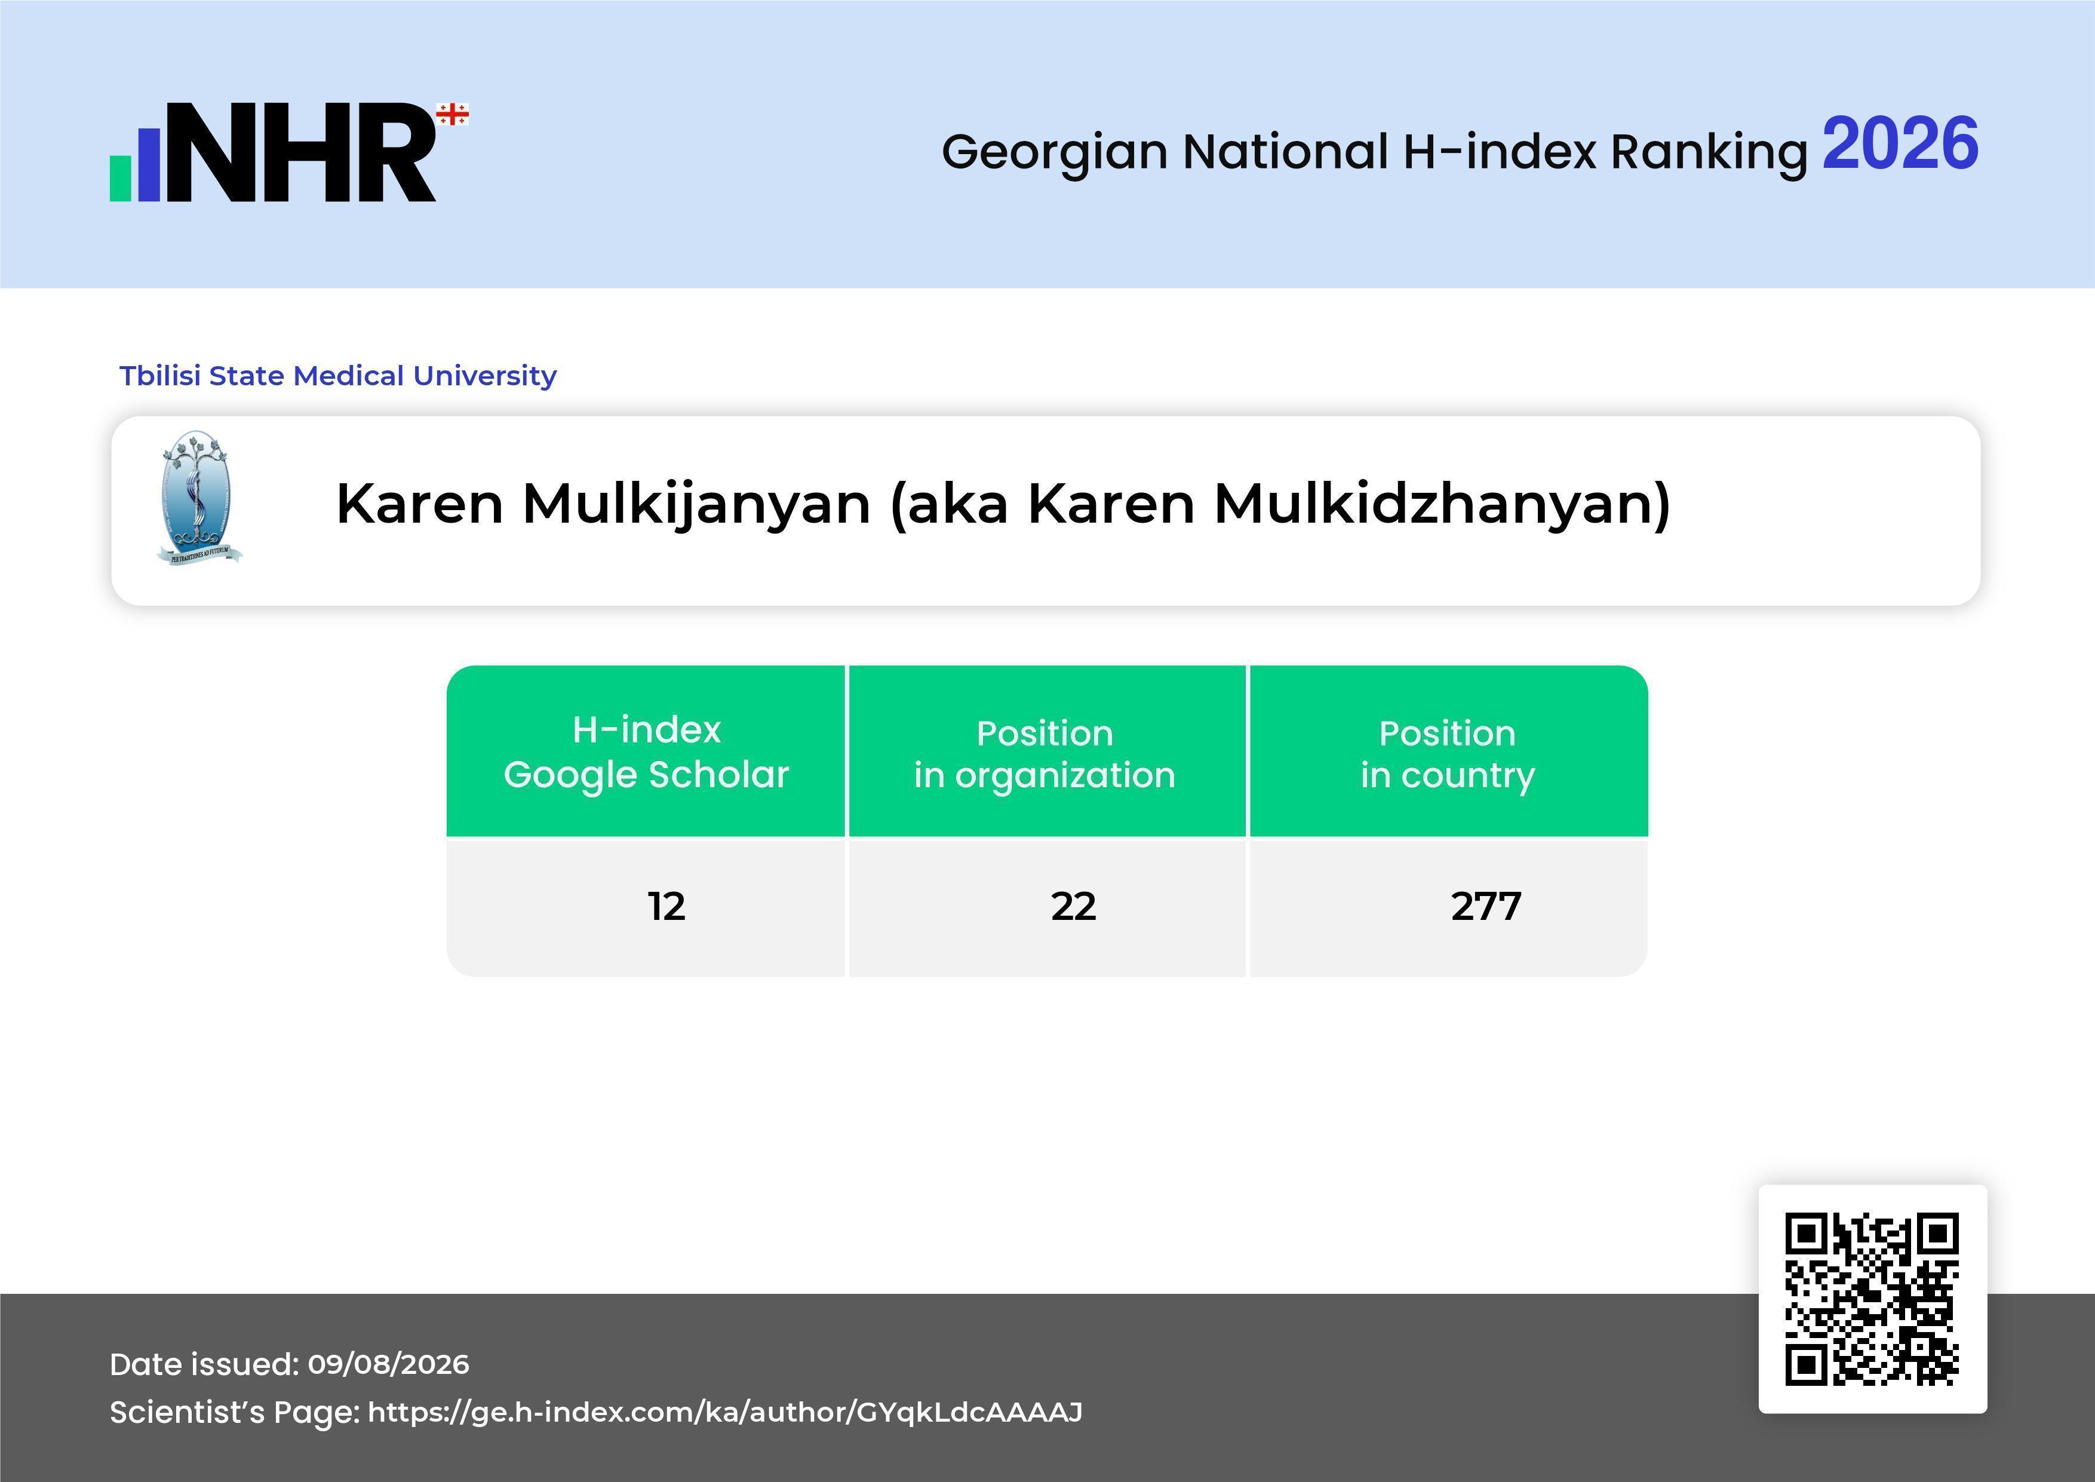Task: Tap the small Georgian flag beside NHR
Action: [453, 114]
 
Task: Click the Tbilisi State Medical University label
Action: [337, 376]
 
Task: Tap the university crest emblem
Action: [199, 498]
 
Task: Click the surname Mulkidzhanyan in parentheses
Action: [1433, 504]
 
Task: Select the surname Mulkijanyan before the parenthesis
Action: [696, 504]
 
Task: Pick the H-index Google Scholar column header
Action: [646, 752]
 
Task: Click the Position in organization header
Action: [1045, 754]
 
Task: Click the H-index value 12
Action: [666, 906]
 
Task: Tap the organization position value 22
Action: [1073, 906]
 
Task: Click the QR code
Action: [1872, 1299]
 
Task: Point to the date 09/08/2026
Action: [389, 1364]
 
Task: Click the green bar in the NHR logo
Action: [121, 179]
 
